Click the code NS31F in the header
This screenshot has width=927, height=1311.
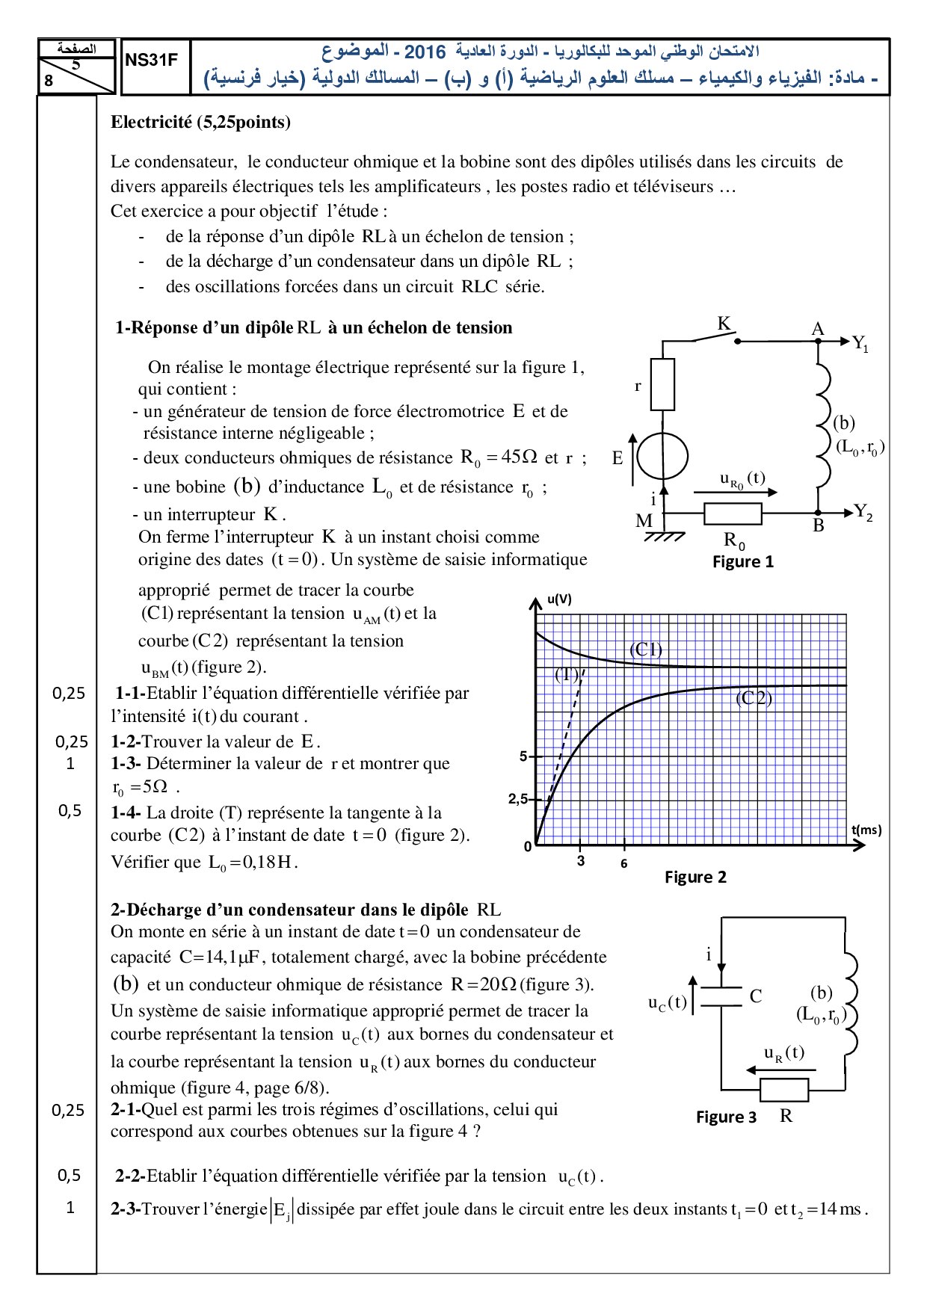click(151, 61)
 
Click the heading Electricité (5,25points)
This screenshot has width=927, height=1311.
click(200, 123)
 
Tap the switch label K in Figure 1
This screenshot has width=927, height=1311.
click(724, 324)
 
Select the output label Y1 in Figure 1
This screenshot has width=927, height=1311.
click(860, 344)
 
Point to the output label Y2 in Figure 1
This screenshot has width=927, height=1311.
click(863, 513)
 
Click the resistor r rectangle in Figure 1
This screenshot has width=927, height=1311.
click(662, 384)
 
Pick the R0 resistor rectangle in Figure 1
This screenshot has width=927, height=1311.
click(733, 514)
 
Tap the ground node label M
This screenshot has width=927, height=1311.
click(644, 521)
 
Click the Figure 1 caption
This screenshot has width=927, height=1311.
click(742, 562)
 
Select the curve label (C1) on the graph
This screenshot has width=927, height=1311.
click(646, 649)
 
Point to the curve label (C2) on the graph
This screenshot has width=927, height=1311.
click(754, 698)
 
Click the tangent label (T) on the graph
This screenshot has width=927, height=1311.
click(567, 675)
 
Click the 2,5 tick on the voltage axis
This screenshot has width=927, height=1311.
click(517, 799)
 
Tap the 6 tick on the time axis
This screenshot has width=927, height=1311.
click(624, 863)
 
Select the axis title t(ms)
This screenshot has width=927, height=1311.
click(866, 830)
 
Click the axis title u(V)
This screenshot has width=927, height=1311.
click(559, 599)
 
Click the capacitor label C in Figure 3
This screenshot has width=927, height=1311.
click(756, 996)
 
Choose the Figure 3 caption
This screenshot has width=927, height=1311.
click(726, 1117)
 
